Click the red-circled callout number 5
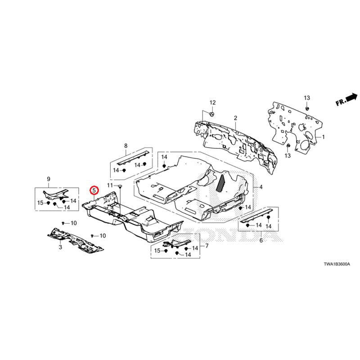point(94,190)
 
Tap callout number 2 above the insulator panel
point(235,118)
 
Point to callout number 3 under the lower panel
point(60,247)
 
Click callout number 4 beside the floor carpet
point(261,186)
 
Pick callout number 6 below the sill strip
point(261,241)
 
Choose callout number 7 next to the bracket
point(207,246)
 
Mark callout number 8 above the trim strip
point(126,146)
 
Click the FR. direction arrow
point(346,99)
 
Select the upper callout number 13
point(307,98)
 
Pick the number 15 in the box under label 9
point(40,203)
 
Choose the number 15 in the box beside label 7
point(157,250)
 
